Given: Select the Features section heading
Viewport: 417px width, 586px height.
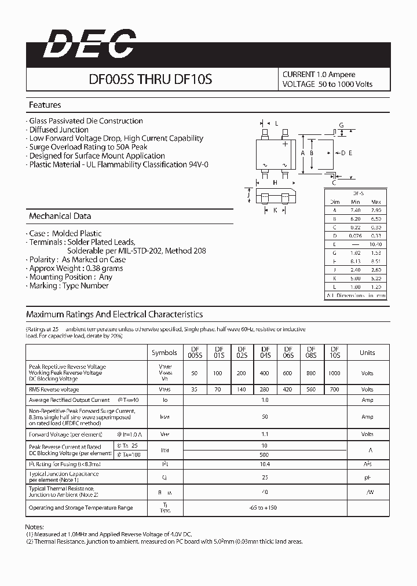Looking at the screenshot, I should (45, 105).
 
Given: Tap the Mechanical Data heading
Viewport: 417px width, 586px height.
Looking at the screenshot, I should (60, 216).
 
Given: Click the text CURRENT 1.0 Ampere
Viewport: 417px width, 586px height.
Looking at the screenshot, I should (319, 74).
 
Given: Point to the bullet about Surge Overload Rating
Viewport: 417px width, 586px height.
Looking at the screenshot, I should (87, 147).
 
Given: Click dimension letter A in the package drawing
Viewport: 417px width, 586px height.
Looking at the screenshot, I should (303, 153).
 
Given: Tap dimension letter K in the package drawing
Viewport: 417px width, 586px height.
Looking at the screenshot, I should (275, 210).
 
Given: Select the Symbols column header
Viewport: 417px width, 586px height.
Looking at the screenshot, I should (164, 353).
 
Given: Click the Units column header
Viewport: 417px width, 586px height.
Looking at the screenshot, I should (367, 353).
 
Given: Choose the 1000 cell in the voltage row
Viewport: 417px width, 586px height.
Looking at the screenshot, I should (334, 373).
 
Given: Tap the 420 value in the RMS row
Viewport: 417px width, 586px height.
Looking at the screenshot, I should (287, 390).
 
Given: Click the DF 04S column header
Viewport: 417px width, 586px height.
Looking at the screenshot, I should (265, 352).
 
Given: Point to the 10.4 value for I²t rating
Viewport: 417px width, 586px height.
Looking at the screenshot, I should (264, 464).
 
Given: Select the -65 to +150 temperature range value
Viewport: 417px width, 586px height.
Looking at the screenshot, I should (264, 508).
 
